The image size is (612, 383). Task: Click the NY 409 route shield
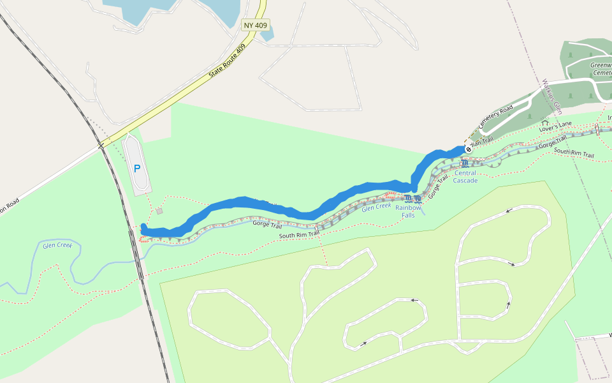[256, 26]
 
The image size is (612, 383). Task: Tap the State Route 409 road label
[228, 62]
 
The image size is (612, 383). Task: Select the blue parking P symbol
[137, 169]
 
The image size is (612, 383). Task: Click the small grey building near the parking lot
[159, 211]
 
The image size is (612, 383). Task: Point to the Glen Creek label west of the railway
[57, 245]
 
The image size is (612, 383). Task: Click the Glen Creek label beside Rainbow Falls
[376, 207]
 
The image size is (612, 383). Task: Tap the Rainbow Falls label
[408, 211]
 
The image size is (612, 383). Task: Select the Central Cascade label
[465, 177]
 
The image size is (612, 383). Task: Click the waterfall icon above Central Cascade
[464, 164]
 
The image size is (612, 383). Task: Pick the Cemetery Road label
[495, 118]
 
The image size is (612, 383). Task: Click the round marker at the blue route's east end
[468, 149]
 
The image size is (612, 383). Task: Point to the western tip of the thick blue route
[143, 229]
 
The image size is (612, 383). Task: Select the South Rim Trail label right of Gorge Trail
[574, 153]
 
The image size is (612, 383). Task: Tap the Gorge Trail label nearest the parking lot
[267, 223]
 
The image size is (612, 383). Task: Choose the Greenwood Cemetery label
[601, 69]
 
